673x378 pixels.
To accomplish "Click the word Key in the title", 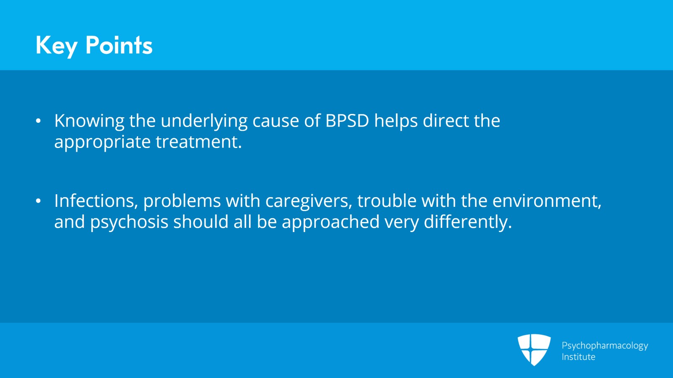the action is coord(56,46).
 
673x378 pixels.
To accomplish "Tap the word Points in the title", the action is coord(119,45).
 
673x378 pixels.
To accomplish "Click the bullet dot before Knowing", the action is coord(38,121).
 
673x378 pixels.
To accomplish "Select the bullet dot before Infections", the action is coord(38,201).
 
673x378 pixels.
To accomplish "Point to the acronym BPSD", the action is coord(347,121).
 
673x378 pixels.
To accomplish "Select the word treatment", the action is coord(199,142).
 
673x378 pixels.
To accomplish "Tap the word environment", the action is coord(547,201).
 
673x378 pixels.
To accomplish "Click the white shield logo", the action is coord(534,350).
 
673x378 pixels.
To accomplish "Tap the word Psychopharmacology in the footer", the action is coord(605,346).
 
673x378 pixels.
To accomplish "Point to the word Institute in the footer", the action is coord(578,357).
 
